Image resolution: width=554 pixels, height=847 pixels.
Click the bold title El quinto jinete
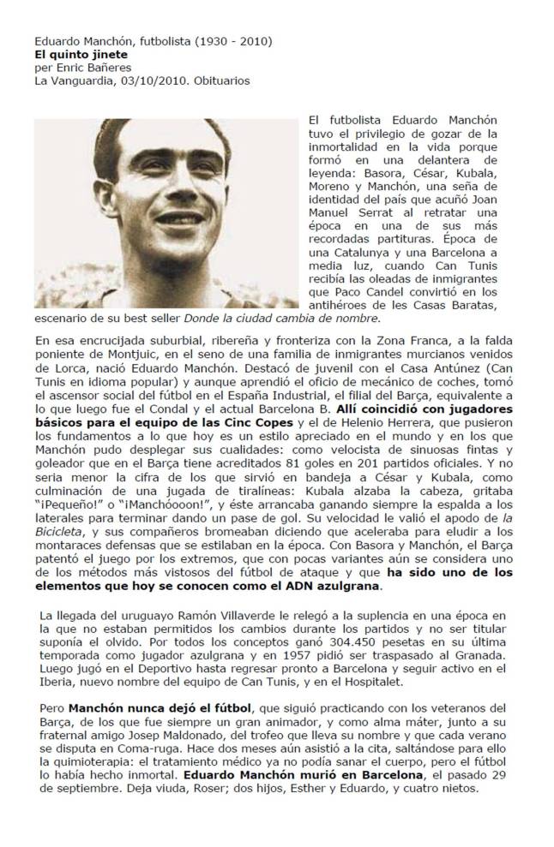(x=72, y=53)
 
